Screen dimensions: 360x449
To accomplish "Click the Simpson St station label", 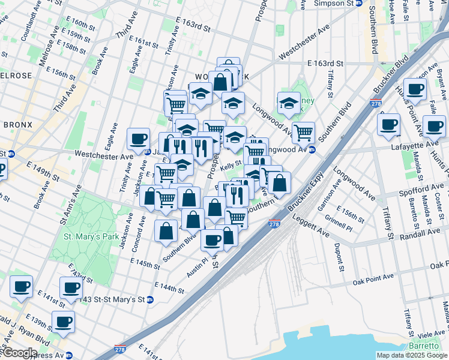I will [x=333, y=3].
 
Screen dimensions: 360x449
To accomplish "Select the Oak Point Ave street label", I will [x=373, y=277].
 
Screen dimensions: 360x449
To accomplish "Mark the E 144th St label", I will [x=169, y=288].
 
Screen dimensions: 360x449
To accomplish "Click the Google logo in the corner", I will [x=19, y=353].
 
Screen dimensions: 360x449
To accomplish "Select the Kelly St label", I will [x=231, y=163].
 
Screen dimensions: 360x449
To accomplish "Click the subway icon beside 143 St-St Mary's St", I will [x=150, y=299].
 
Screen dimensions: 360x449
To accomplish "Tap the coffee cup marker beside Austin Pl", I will [x=212, y=239].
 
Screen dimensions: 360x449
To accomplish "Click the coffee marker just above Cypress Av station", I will [x=63, y=322].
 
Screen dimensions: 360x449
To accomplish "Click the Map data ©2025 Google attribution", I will [x=412, y=355].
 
